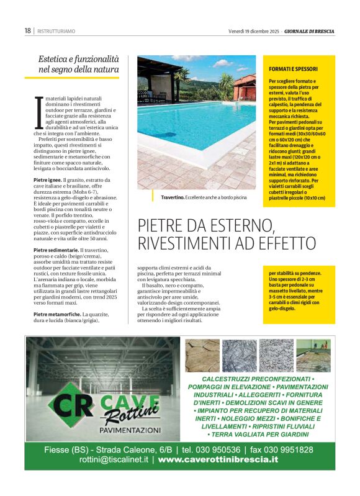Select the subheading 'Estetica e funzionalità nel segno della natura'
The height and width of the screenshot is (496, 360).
tap(78, 63)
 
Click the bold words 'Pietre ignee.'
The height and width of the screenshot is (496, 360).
tap(47, 179)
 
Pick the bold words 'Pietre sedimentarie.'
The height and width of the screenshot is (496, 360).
tap(55, 250)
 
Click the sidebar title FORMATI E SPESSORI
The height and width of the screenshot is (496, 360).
tap(293, 68)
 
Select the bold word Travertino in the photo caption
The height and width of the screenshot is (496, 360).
tap(172, 197)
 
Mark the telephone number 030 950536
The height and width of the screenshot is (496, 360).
tap(217, 449)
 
